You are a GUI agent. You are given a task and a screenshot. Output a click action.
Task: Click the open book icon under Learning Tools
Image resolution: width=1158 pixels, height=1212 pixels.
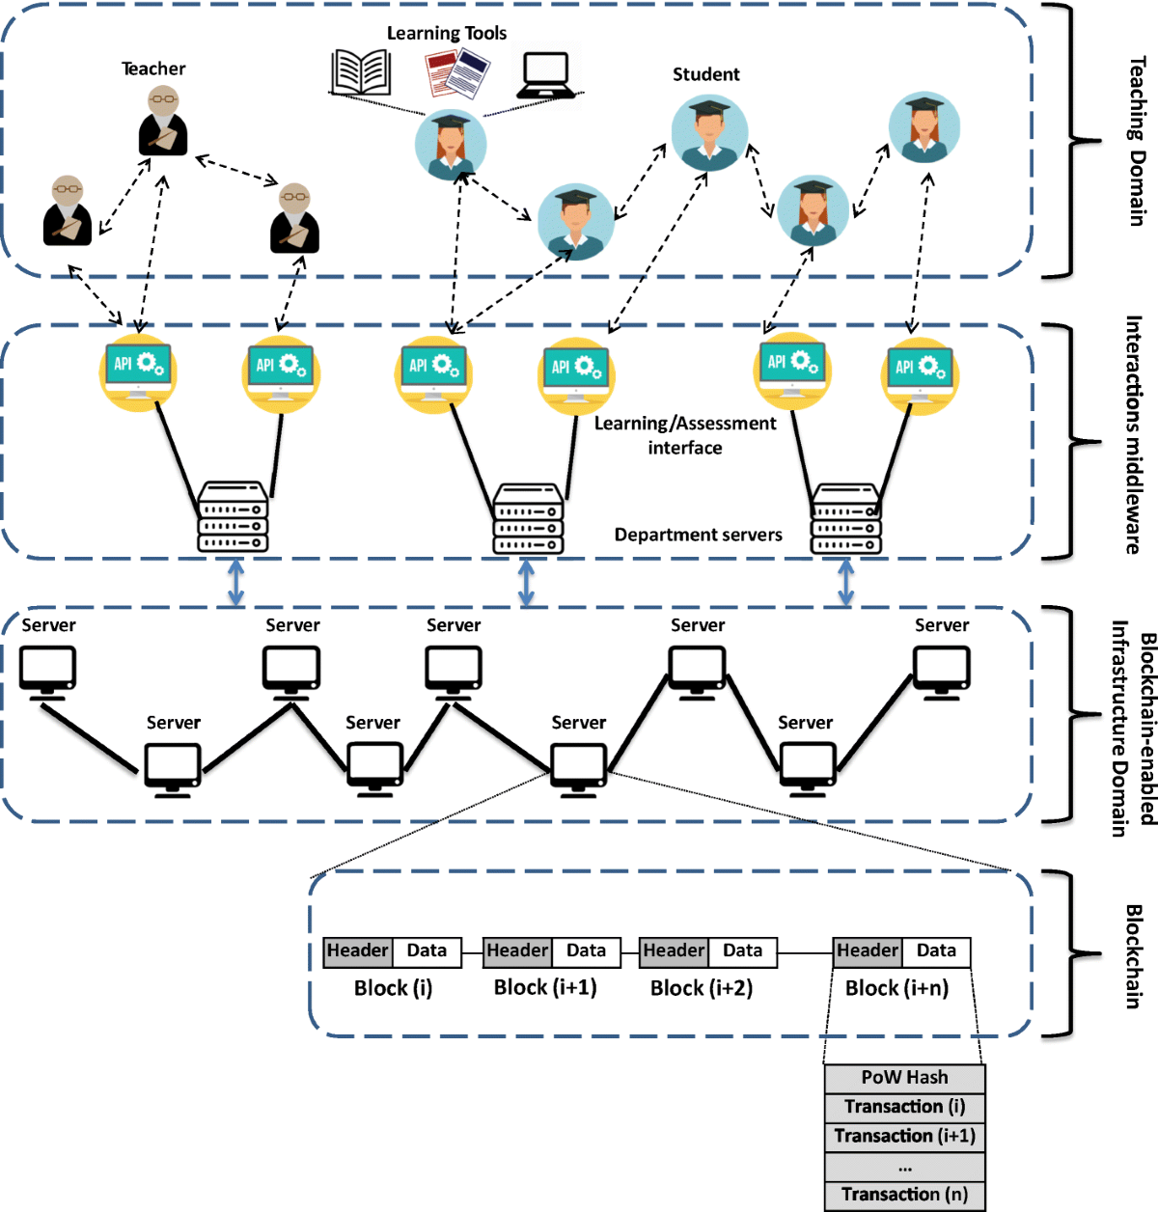[360, 72]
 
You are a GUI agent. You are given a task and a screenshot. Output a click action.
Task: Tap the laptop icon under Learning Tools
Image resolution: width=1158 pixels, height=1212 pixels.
[546, 75]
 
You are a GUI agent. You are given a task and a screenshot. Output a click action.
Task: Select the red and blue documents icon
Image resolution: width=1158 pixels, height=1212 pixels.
[457, 73]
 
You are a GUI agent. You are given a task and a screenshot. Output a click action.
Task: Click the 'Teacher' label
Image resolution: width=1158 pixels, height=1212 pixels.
[153, 69]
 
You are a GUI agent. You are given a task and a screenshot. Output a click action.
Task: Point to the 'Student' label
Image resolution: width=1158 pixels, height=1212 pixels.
[705, 74]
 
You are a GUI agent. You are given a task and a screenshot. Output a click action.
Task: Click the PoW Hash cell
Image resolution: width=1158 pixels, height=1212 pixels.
[904, 1078]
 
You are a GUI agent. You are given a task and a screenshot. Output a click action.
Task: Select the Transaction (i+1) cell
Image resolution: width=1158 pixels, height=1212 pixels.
[904, 1136]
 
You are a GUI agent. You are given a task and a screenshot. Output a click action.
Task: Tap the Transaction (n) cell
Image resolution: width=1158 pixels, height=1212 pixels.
[904, 1195]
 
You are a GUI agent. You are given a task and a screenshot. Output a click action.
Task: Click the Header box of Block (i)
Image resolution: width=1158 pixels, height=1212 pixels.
[357, 951]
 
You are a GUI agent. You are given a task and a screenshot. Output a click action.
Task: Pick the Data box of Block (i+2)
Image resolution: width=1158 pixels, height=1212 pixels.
[742, 951]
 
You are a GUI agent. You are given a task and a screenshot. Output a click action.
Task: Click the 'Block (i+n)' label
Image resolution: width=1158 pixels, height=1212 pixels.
[896, 988]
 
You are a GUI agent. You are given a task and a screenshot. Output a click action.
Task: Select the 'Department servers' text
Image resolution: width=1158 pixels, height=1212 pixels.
[698, 535]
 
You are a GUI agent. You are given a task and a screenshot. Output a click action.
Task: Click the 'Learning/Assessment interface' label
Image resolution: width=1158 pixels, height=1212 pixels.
[684, 435]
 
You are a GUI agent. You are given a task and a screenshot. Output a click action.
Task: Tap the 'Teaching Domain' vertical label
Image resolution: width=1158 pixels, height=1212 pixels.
[1138, 141]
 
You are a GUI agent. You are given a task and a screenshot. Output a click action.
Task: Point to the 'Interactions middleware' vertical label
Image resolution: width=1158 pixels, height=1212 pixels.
[1134, 435]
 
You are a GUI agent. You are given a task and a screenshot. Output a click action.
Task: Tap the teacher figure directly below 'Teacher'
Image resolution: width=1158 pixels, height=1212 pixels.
[162, 122]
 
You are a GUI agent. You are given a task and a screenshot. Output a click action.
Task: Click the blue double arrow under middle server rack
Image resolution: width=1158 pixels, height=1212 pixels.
[526, 584]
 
